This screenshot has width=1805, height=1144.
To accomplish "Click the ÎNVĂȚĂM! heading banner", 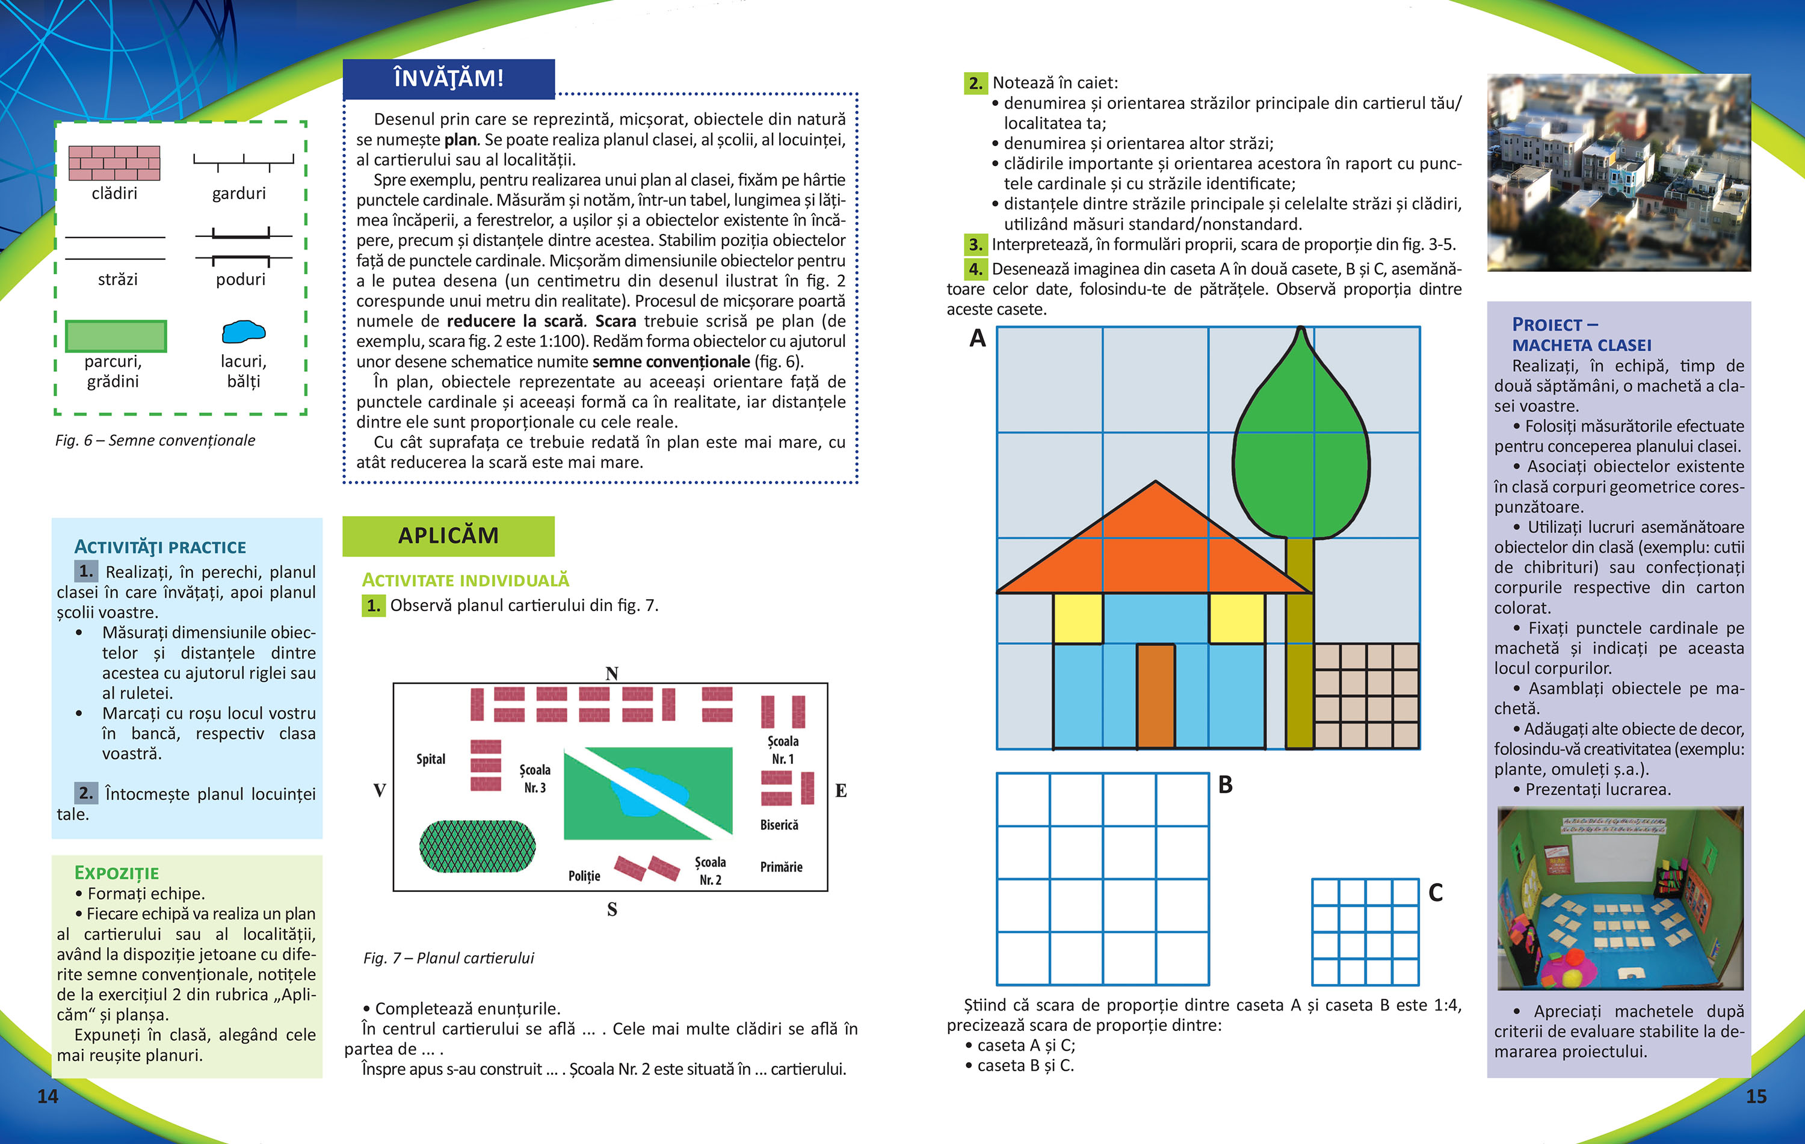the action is (448, 79).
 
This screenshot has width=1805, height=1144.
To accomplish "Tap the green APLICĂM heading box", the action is (448, 536).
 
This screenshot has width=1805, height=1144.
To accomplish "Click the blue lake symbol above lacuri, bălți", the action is (244, 331).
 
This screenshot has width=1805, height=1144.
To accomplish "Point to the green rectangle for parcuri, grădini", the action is (116, 336).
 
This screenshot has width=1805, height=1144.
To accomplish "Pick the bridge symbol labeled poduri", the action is (243, 247).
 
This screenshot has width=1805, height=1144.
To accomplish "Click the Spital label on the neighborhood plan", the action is (431, 759).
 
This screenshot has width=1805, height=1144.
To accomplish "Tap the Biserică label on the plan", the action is (780, 825).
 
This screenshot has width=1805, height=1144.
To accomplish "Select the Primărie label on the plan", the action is (781, 867).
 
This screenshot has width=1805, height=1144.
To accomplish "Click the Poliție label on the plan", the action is (584, 876).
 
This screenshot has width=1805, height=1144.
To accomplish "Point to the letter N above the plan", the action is (612, 674).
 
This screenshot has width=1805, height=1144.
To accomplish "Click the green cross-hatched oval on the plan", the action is (478, 846).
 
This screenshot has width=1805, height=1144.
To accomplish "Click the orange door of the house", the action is (1155, 696).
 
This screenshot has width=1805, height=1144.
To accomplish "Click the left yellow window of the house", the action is (1078, 618).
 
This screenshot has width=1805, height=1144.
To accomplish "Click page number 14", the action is (48, 1096).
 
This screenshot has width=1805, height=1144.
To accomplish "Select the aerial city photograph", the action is (1619, 172).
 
